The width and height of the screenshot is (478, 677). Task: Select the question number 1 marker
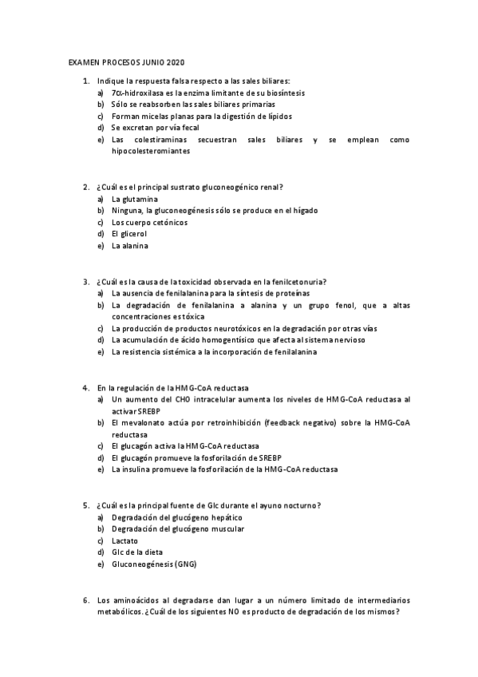pyautogui.click(x=85, y=81)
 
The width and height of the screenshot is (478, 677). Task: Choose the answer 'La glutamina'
pyautogui.click(x=135, y=199)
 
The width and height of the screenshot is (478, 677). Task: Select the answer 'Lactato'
pyautogui.click(x=125, y=540)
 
